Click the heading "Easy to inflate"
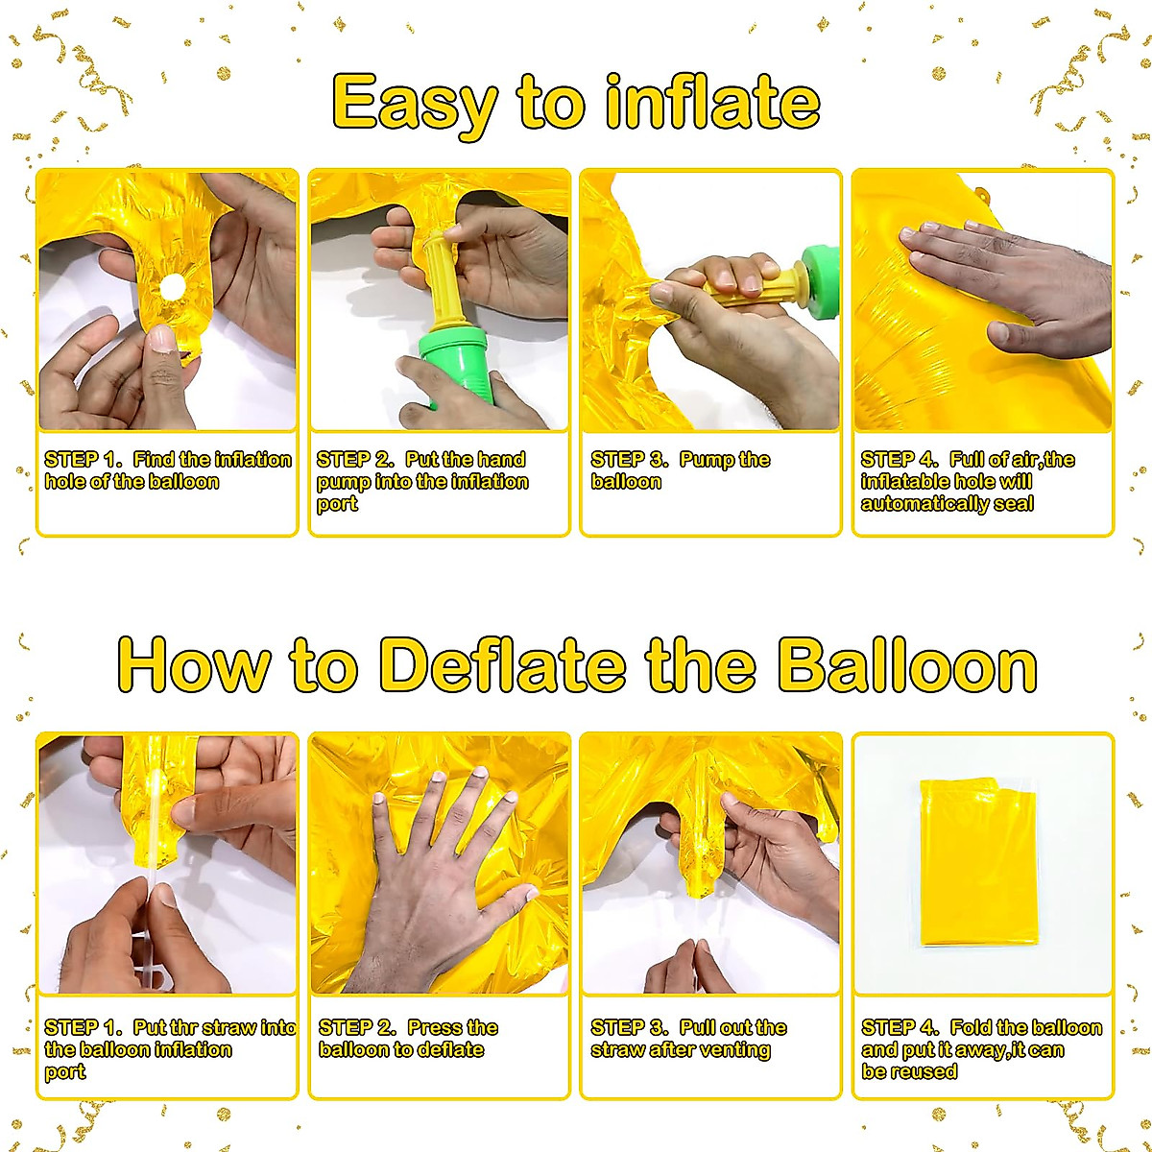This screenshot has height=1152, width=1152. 576,103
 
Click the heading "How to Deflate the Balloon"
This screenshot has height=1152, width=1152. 576,664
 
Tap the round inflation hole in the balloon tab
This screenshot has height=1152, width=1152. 173,287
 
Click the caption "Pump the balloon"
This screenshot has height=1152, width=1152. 680,470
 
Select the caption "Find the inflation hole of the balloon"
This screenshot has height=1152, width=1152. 167,470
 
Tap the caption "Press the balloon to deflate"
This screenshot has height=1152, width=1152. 408,1039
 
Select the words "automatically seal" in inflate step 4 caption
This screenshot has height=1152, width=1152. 947,504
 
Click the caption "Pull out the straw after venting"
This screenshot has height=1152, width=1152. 687,1039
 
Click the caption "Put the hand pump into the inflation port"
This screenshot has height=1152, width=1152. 422,481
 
